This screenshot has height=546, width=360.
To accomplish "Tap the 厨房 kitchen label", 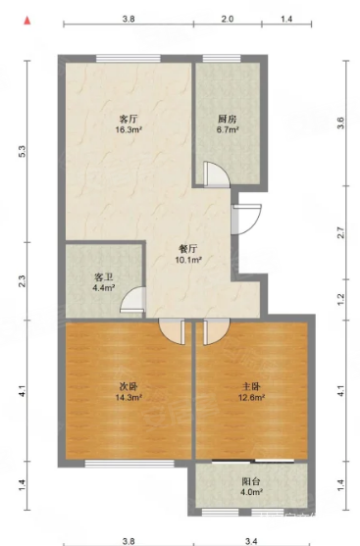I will point(227,118).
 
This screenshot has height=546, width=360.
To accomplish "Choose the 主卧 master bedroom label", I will point(253,385).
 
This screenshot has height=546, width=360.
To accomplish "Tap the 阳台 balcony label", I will point(251,481).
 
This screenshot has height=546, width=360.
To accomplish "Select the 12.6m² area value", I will point(253,398).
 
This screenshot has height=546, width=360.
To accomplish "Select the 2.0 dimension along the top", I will point(228,20).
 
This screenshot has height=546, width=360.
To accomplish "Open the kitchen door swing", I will point(216,174).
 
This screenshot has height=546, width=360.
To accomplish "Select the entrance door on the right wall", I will point(245,217).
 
